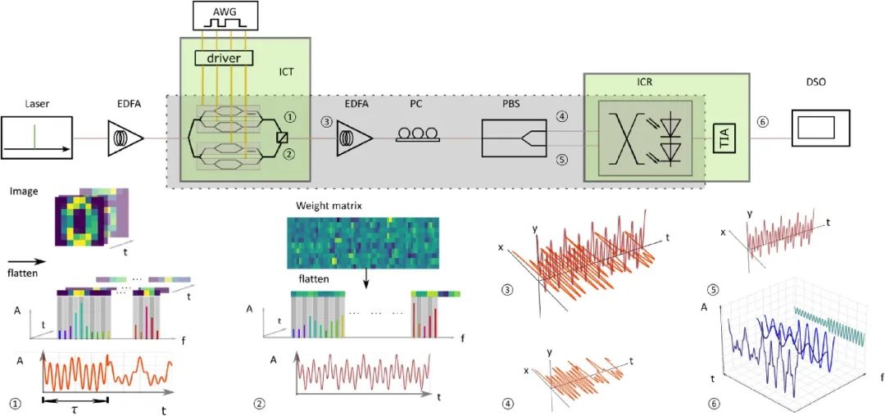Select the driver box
(x=224, y=57)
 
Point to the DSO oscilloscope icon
(x=816, y=129)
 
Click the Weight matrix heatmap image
(x=362, y=243)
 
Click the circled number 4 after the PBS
(x=561, y=117)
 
